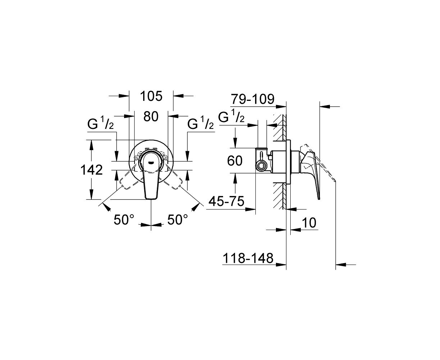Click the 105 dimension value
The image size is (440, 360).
click(x=151, y=96)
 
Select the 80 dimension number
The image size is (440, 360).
click(x=151, y=116)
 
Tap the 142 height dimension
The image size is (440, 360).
click(x=92, y=170)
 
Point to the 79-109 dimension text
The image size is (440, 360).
click(x=253, y=99)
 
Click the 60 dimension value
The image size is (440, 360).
click(x=235, y=161)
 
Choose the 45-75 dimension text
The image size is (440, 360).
click(x=226, y=201)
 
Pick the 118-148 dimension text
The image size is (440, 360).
click(x=248, y=258)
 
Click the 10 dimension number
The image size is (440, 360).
click(x=309, y=223)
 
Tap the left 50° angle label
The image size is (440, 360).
click(x=124, y=220)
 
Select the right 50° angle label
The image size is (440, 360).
click(x=177, y=220)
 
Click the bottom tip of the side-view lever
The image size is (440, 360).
click(x=319, y=199)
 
